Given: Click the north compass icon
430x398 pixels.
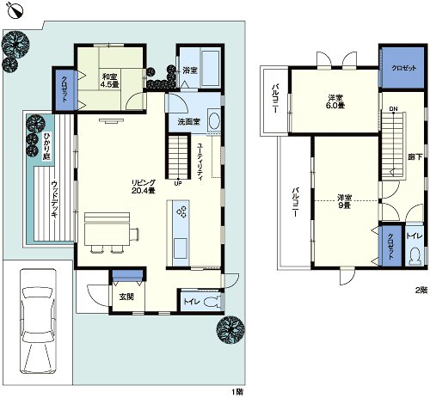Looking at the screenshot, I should (11, 12).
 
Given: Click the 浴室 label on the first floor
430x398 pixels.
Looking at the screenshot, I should (190, 69).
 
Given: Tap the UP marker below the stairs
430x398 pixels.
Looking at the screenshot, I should (178, 182).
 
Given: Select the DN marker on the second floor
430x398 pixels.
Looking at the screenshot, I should (393, 108).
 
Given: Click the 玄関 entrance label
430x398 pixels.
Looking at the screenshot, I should (126, 297).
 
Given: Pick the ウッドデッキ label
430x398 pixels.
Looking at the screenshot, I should (53, 198).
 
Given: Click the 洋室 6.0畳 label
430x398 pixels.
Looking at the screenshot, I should (334, 101).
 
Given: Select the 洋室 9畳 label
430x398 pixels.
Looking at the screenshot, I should (345, 200).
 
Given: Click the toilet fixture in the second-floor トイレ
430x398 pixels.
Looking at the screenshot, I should (415, 255).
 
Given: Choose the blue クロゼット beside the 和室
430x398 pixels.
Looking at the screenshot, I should (64, 87).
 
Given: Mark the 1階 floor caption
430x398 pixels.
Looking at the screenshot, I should (237, 391).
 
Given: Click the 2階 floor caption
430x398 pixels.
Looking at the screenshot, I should (421, 290).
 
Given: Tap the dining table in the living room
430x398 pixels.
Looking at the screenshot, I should (106, 225).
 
